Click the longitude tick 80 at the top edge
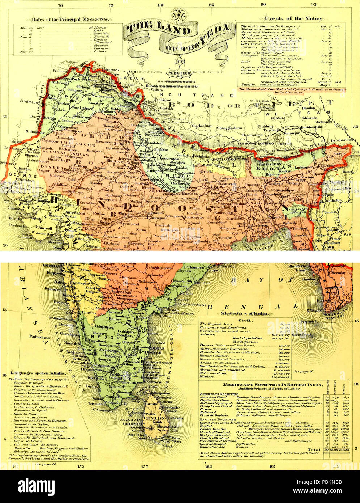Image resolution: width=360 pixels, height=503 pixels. [x=161, y=5]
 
